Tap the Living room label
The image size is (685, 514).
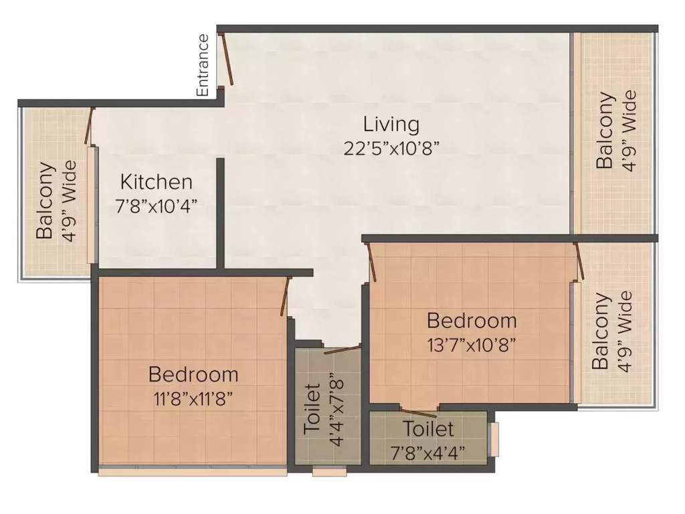click(391, 124)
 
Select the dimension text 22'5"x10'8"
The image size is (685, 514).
click(391, 148)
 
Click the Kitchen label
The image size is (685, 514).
click(157, 181)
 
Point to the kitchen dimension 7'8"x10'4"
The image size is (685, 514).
click(157, 205)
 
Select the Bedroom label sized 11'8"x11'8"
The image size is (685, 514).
click(193, 373)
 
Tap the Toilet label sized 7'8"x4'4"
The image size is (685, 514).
click(428, 428)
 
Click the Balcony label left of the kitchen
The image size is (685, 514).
click(45, 201)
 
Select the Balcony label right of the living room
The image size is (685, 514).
click(605, 131)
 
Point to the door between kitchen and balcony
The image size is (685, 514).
click(88, 126)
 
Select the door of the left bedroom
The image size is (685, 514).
click(285, 295)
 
